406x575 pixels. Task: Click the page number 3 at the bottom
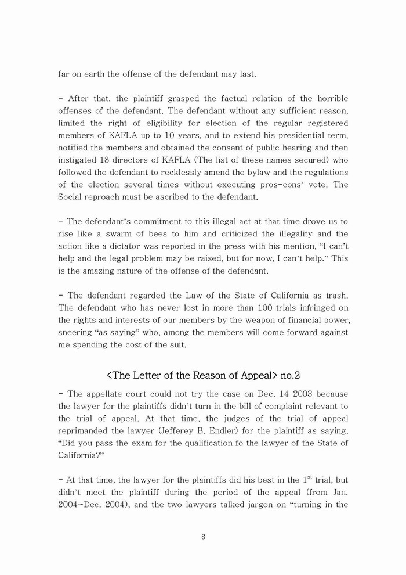203,537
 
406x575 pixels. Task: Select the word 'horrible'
327,99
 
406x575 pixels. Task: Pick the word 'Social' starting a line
72,196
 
